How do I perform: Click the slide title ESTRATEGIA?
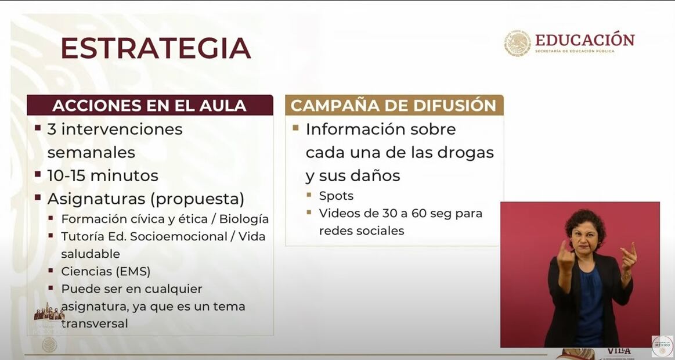156,49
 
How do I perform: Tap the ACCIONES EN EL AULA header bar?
149,105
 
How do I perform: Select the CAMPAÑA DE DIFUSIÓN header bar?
394,105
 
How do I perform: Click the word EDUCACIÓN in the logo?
584,40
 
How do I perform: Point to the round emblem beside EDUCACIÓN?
517,44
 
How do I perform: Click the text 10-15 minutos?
103,175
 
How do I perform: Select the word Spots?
336,196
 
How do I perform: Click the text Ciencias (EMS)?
106,271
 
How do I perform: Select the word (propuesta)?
197,199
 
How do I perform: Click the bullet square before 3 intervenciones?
38,127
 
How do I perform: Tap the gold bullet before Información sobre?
296,127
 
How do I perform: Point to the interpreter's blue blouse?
588,305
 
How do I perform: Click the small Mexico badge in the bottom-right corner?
662,346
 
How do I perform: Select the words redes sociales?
361,231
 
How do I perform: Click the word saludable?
91,254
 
